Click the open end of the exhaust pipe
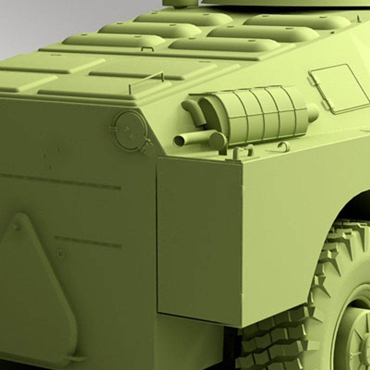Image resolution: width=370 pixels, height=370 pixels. point(178,140)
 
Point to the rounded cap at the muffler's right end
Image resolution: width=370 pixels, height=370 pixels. point(312,112)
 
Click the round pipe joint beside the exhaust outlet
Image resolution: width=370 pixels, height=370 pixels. point(218,140)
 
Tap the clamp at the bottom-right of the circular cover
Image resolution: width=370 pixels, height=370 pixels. point(146,144)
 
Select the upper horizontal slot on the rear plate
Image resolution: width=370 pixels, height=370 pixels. point(62,182)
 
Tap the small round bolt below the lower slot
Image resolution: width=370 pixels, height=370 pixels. point(61,254)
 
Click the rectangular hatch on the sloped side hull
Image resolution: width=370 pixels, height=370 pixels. point(339,88)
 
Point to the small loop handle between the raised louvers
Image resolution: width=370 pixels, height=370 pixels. point(147,49)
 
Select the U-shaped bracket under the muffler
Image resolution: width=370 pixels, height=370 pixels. point(243,151)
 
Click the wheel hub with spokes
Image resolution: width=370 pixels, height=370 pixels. point(355,339)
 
